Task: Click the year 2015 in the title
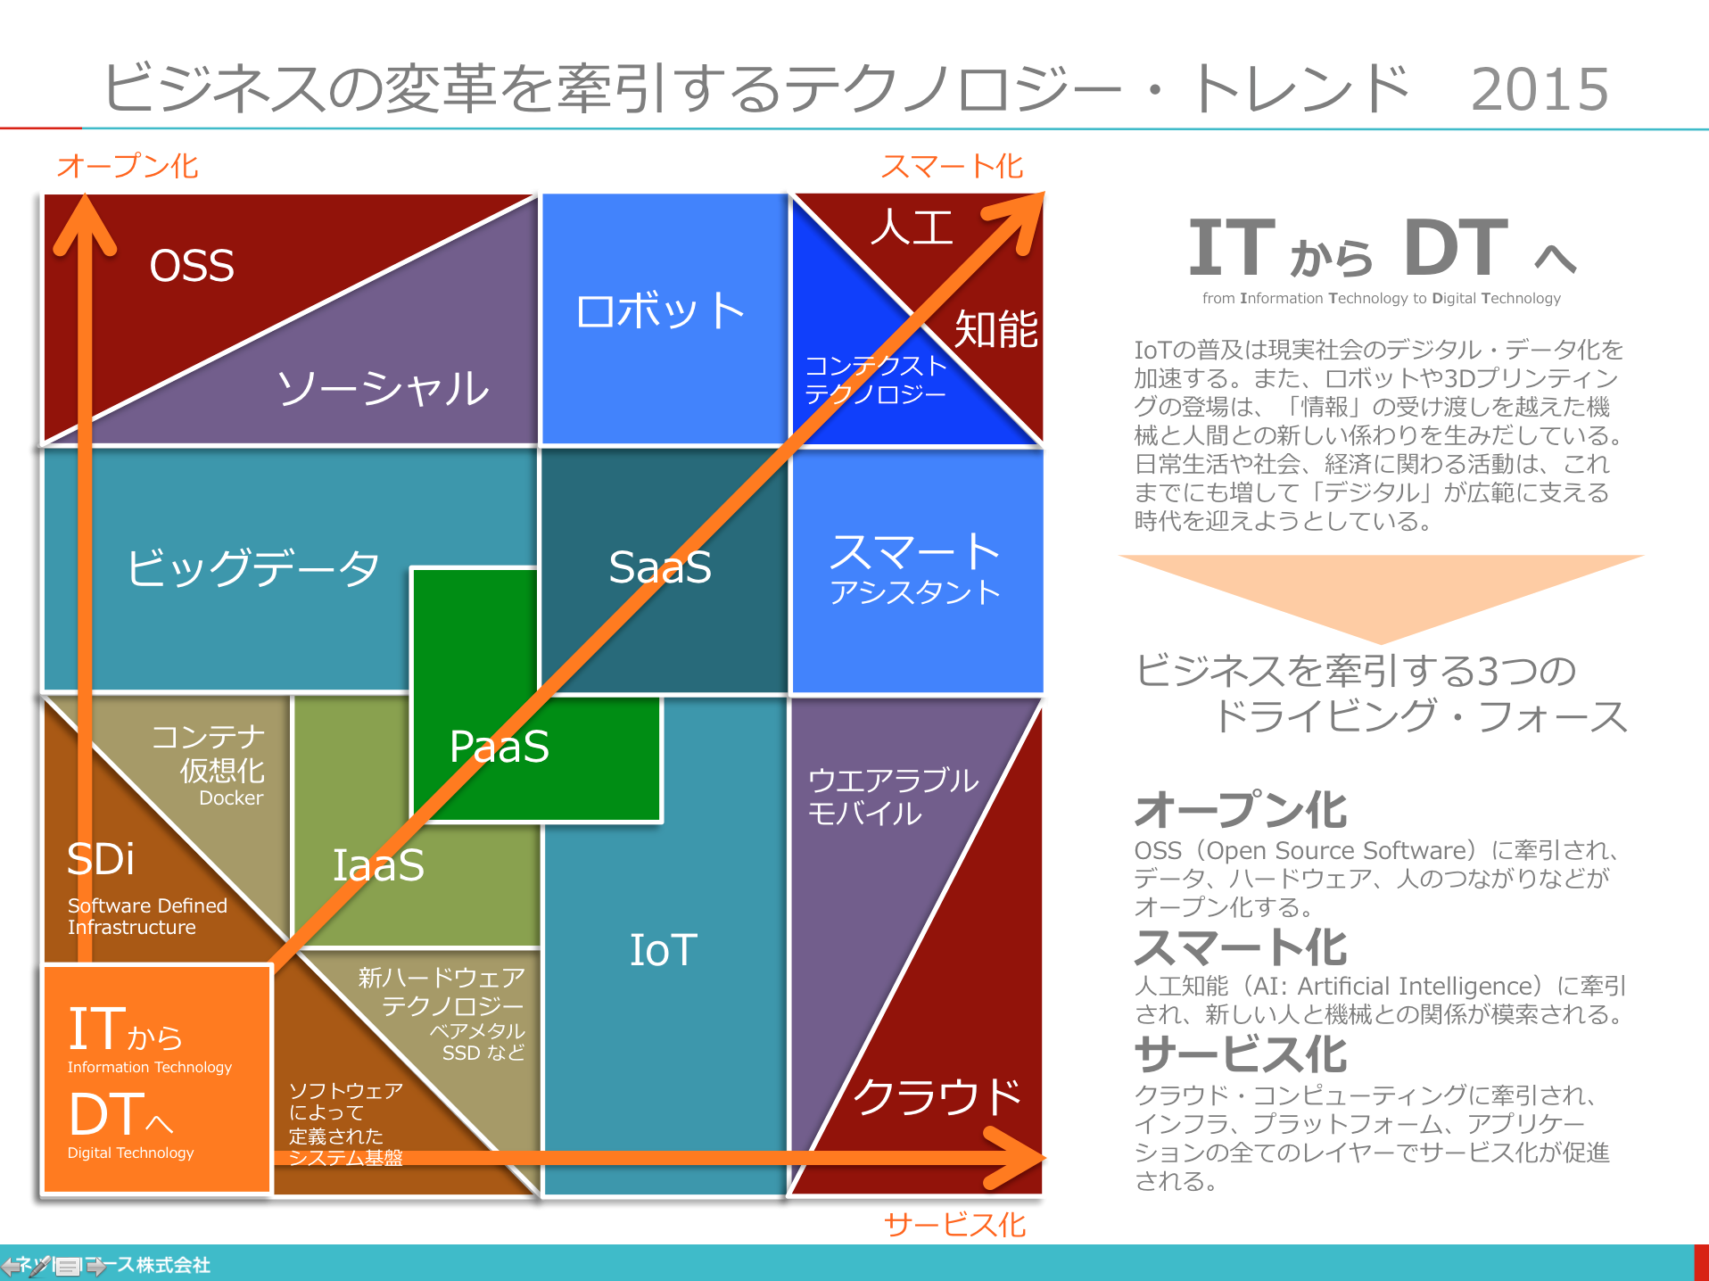(x=1540, y=89)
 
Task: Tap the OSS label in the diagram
(x=192, y=265)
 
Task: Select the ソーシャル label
(x=383, y=389)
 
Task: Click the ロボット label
(x=660, y=311)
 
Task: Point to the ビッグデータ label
(x=253, y=567)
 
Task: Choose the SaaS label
(x=660, y=566)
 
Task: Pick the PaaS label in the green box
(x=499, y=747)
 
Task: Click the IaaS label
(x=378, y=864)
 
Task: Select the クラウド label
(x=937, y=1096)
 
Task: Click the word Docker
(x=231, y=798)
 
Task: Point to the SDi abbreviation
(x=101, y=859)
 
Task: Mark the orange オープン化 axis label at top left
(x=128, y=166)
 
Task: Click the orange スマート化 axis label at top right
(x=952, y=166)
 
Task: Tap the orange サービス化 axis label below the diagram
(x=954, y=1225)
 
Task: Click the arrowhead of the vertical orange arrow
(x=85, y=223)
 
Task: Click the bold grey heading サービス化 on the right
(x=1241, y=1054)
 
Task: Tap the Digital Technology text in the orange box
(x=130, y=1153)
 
